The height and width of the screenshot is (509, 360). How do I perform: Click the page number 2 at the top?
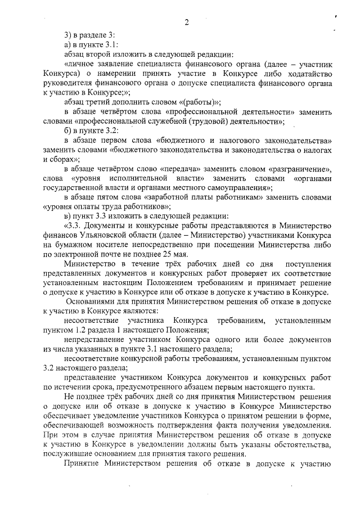[x=186, y=22]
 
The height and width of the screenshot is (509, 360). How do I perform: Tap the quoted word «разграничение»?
[x=302, y=169]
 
